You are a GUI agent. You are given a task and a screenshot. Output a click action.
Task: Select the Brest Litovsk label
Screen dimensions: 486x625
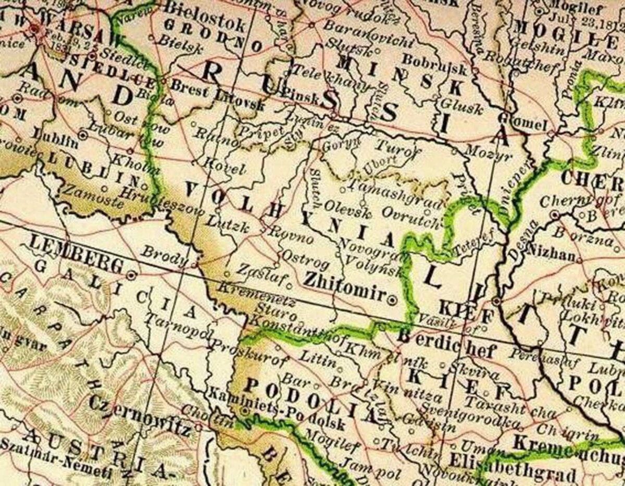[217, 95]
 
